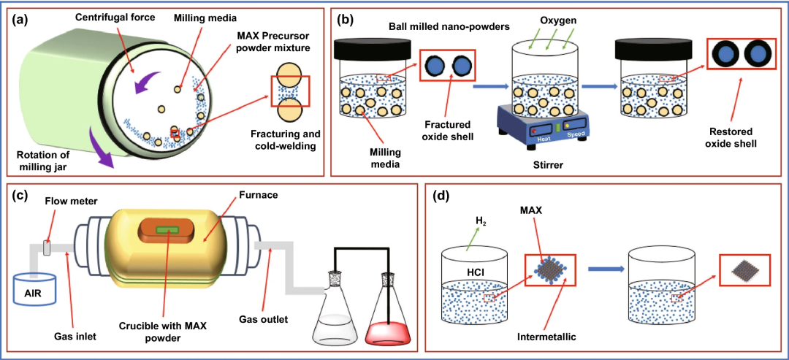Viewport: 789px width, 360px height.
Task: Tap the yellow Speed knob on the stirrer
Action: tap(566, 126)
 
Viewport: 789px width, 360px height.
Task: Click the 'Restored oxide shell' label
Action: tap(735, 138)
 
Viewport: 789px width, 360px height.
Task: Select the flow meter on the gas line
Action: tap(48, 248)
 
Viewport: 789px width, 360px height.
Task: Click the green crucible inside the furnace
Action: tap(167, 230)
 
